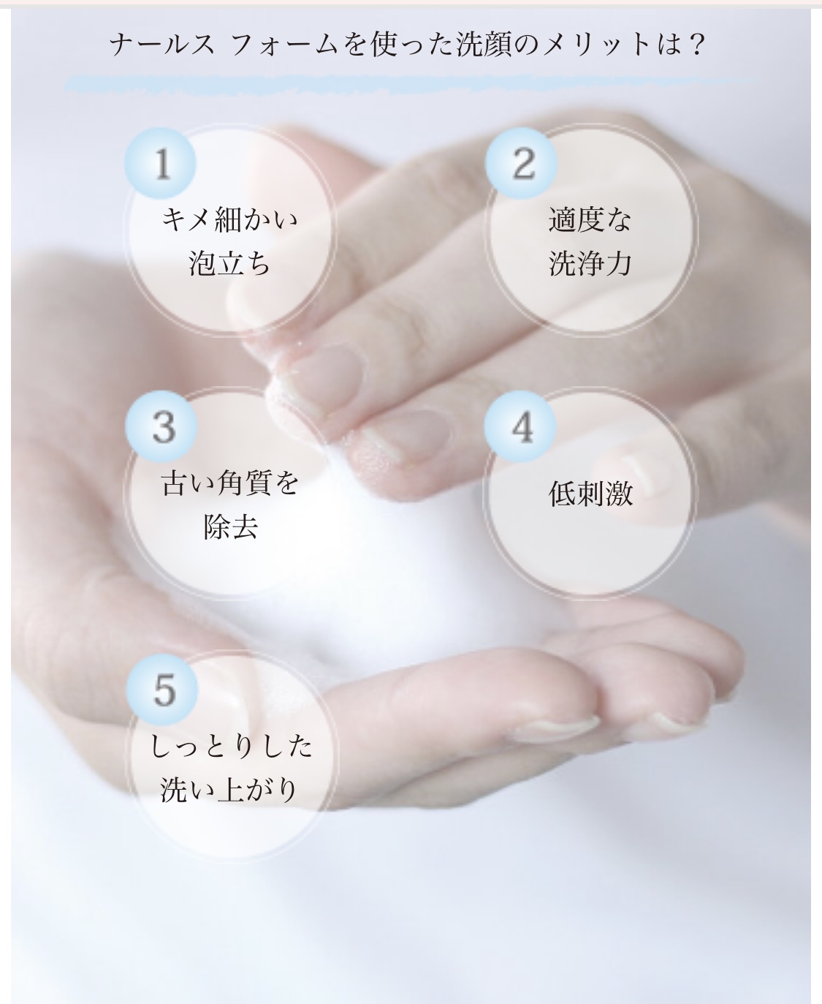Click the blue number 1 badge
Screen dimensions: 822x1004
[x=161, y=163]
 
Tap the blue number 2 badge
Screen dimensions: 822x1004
[x=522, y=163]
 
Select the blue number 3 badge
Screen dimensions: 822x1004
[x=161, y=426]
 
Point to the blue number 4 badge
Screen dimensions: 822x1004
[x=520, y=426]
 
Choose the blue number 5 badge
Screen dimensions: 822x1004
[x=161, y=690]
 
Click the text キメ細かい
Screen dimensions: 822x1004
[x=229, y=219]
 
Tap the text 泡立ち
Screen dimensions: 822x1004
[x=229, y=263]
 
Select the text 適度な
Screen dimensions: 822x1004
[x=590, y=219]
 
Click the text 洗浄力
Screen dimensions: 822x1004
[x=590, y=263]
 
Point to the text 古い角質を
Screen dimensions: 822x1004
[x=230, y=483]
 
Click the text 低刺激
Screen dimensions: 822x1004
[x=591, y=494]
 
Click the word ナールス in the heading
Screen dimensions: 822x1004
[x=162, y=45]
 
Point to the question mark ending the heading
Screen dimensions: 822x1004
[x=696, y=45]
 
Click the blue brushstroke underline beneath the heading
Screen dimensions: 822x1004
[x=409, y=85]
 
